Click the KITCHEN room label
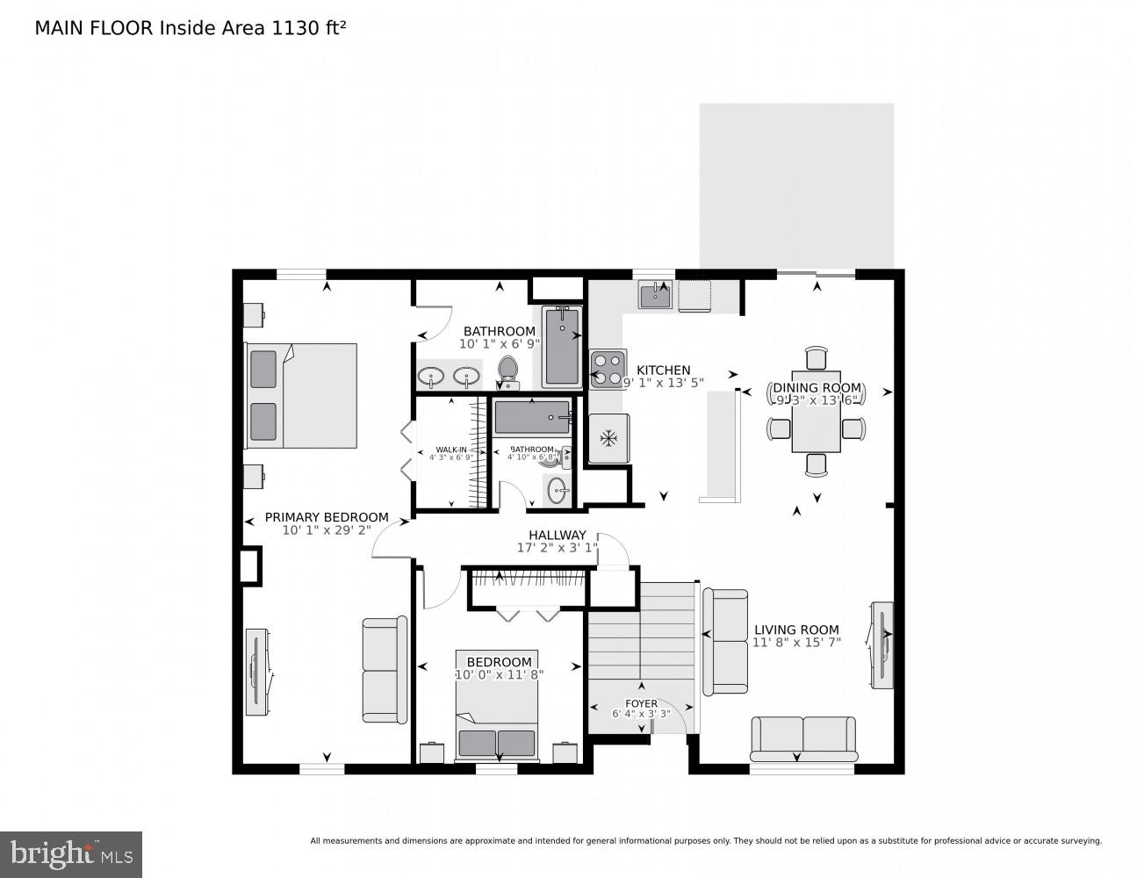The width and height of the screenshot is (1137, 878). pos(663,370)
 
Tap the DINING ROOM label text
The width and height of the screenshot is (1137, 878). pos(817,388)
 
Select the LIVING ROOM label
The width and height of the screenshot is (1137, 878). pos(796,630)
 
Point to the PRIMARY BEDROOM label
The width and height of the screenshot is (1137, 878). pos(327,517)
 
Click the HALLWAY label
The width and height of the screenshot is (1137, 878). pos(557,535)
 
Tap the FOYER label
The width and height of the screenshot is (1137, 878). pos(641,703)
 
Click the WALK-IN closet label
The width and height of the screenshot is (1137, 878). pos(451,450)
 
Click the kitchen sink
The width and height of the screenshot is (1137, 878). pos(655,296)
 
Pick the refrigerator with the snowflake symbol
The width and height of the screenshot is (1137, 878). pos(608,438)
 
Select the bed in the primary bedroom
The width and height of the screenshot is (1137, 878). pos(301,395)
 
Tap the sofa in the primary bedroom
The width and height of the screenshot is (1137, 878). pos(385,670)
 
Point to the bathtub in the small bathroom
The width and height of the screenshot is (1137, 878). pos(532,418)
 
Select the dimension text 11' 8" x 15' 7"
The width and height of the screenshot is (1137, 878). pos(796,643)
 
